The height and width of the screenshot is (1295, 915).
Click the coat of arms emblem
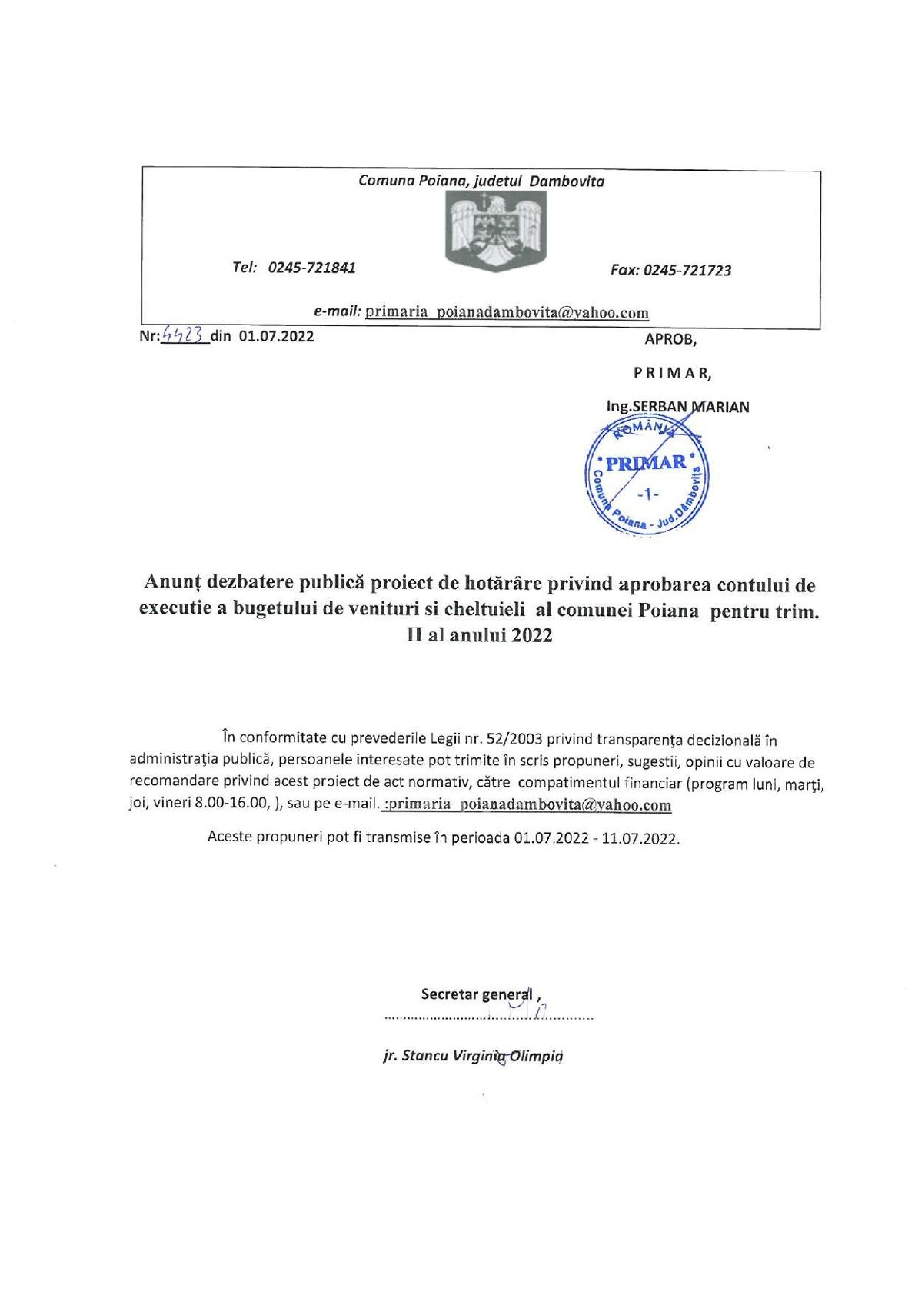[496, 231]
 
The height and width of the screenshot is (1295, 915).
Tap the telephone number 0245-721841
[311, 268]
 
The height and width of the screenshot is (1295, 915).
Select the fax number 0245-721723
[687, 270]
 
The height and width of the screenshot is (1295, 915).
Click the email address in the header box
[507, 312]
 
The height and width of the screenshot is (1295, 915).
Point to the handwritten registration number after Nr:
[185, 335]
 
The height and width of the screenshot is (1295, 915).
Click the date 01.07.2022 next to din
[276, 336]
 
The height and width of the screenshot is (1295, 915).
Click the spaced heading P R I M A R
[672, 373]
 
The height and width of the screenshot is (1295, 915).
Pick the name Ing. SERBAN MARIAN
[677, 407]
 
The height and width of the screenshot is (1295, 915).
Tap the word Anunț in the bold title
[169, 584]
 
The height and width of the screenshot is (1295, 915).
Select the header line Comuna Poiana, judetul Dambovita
[481, 181]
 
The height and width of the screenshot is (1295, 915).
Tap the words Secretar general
[476, 994]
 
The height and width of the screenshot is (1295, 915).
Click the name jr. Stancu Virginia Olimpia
[473, 1056]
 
